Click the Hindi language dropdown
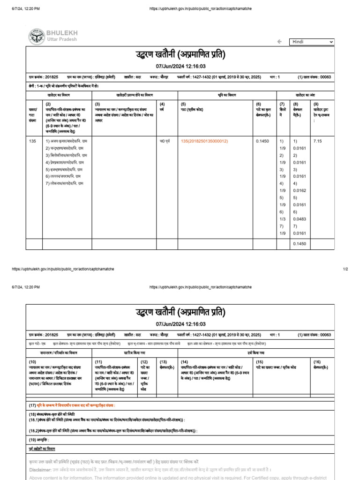[311, 42]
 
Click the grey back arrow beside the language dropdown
[279, 42]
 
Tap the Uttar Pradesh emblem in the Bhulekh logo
[36, 36]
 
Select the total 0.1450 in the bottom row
[299, 244]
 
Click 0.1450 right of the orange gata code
[262, 141]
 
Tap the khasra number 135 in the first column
[32, 141]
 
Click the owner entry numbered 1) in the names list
[66, 141]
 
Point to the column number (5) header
[183, 104]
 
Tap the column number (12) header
[144, 362]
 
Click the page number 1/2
[345, 269]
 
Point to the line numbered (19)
[38, 439]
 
